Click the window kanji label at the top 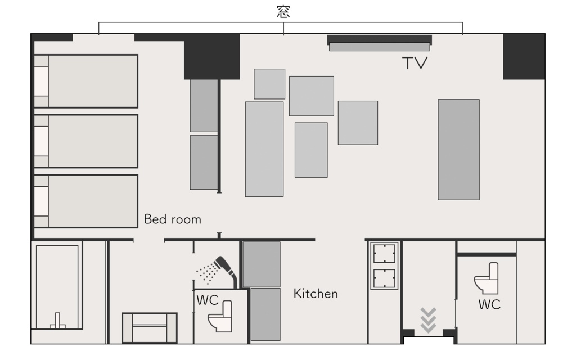click(283, 11)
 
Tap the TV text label click(415, 63)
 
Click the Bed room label click(173, 219)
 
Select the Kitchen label click(316, 294)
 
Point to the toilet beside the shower click(220, 316)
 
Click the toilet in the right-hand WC click(487, 278)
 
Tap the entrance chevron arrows click(428, 320)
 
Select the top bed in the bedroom click(86, 81)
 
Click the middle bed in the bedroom click(86, 141)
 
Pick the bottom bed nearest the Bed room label click(86, 201)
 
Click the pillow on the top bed click(41, 81)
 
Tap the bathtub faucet click(57, 321)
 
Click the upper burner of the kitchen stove click(384, 254)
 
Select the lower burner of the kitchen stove click(384, 278)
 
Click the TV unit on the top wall click(380, 43)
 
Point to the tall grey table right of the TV click(459, 150)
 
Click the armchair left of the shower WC click(150, 328)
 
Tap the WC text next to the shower click(207, 300)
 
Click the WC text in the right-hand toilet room click(489, 304)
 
